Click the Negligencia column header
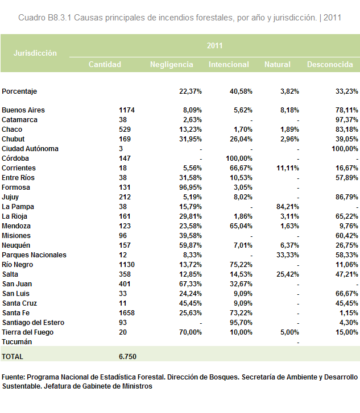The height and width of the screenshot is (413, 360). pos(171,65)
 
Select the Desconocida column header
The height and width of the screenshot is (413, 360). pos(330,65)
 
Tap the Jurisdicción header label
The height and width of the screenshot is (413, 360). pos(35,53)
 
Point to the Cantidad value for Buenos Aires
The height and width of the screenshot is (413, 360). pos(127,110)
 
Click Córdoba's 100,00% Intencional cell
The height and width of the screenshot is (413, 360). pos(239,158)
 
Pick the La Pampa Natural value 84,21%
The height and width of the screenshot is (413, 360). pos(287,207)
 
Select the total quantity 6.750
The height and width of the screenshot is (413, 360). pos(127,357)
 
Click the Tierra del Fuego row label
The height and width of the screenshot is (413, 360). pos(28,332)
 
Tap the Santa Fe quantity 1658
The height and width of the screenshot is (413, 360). pos(127,313)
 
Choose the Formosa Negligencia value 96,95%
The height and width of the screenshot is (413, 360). pos(191,187)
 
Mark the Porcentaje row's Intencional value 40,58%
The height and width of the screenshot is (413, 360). pos(241,91)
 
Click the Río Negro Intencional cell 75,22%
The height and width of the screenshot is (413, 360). pos(241,265)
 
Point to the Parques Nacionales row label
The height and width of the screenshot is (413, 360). pos(34,255)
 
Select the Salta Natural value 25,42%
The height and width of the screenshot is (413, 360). pos(287,274)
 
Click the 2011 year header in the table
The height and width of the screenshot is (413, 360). pos(214,46)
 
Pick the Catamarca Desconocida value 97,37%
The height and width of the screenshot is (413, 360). pos(347,120)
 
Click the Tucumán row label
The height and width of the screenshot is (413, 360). pos(17,342)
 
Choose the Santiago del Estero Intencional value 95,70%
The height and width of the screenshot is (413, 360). pos(241,323)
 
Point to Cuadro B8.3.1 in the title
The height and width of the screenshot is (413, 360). pos(45,18)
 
